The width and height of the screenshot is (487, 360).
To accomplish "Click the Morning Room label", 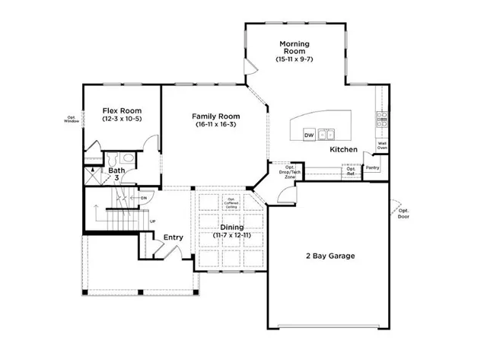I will pyautogui.click(x=293, y=47).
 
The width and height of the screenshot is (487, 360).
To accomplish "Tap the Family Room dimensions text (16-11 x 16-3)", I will pyautogui.click(x=215, y=124).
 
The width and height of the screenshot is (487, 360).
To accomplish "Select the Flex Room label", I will pyautogui.click(x=122, y=111).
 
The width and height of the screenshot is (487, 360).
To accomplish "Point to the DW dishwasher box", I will pyautogui.click(x=309, y=135).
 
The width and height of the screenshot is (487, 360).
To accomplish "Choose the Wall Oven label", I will pyautogui.click(x=382, y=145).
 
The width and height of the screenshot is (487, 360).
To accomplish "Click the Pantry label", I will pyautogui.click(x=372, y=167).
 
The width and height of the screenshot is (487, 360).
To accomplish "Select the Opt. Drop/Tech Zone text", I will pyautogui.click(x=290, y=170).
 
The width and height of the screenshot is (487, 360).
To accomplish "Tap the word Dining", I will pyautogui.click(x=232, y=228).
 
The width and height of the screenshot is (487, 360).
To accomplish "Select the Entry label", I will pyautogui.click(x=173, y=237).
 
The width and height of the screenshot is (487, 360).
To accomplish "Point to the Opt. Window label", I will pyautogui.click(x=72, y=119).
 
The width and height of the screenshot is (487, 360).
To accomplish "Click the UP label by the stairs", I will pyautogui.click(x=152, y=221).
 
